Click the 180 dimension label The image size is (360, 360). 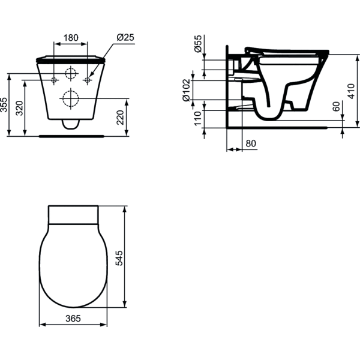tap(71, 37)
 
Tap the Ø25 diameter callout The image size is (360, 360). tap(124, 37)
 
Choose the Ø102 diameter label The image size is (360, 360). tap(188, 90)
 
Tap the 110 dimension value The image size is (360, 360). tap(199, 118)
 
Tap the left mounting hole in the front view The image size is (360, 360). tap(54, 80)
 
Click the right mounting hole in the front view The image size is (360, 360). tap(88, 80)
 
